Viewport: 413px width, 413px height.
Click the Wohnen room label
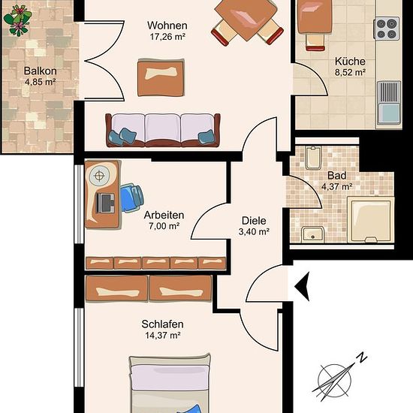[x=167, y=26]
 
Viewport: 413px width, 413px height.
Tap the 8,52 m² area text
[x=350, y=72]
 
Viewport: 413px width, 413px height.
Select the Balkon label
[x=40, y=71]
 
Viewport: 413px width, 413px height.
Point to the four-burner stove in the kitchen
[x=387, y=29]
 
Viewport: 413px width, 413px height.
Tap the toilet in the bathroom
[x=313, y=158]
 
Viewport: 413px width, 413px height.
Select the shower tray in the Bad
[x=371, y=220]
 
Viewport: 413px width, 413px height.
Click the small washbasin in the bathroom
[x=312, y=234]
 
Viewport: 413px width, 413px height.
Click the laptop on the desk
[x=105, y=203]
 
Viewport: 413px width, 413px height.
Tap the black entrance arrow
[x=303, y=287]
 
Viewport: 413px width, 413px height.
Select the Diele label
[x=254, y=221]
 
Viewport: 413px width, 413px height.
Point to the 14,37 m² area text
[x=162, y=336]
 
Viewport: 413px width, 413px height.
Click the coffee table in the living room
[x=161, y=77]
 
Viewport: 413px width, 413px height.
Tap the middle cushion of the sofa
[x=162, y=128]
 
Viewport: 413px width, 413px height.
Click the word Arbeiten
[x=164, y=216]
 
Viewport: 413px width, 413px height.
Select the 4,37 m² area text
[x=337, y=187]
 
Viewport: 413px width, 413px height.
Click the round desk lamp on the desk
[x=99, y=176]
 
